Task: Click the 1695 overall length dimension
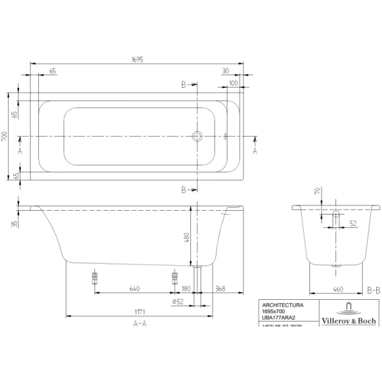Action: point(137,60)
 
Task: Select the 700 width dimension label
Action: point(4,136)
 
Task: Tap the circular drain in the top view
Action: point(197,136)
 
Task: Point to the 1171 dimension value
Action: point(141,311)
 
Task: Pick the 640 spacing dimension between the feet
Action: point(134,288)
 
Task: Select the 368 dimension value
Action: point(220,288)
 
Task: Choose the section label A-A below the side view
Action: point(140,323)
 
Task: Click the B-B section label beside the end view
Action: point(374,289)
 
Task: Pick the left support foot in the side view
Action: point(95,278)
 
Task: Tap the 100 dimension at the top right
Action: point(233,83)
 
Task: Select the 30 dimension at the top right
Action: point(225,71)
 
